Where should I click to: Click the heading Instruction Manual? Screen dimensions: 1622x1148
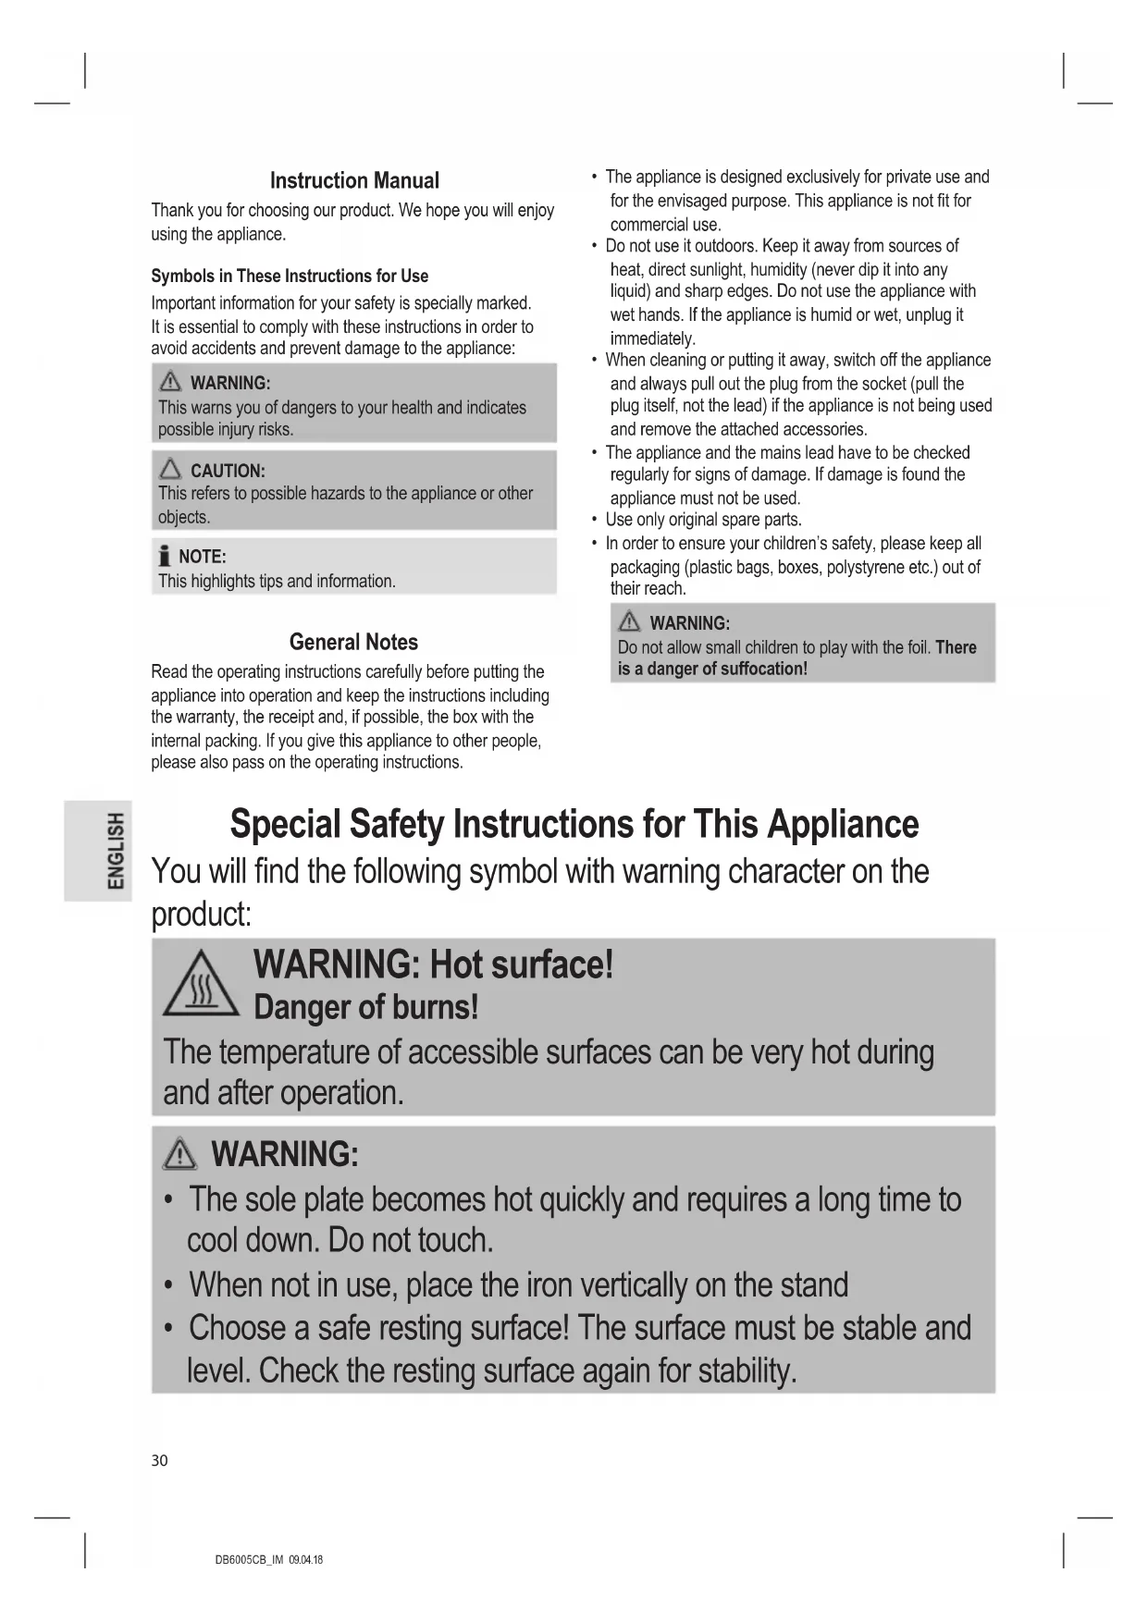click(354, 181)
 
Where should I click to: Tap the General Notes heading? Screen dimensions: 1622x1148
click(353, 643)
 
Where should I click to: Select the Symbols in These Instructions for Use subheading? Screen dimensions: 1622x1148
click(290, 276)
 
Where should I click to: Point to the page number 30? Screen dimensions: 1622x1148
click(160, 1461)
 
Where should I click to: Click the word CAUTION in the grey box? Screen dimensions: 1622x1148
click(227, 471)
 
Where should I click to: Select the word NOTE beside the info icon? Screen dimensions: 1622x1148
click(202, 557)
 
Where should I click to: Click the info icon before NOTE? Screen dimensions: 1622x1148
click(165, 557)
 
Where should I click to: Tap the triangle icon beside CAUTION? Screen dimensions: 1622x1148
click(171, 470)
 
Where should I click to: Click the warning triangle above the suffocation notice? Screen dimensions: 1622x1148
click(630, 622)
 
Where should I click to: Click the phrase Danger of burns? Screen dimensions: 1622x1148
click(365, 1007)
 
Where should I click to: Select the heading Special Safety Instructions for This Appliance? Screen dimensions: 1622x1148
click(574, 824)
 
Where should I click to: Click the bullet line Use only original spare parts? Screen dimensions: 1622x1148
click(703, 520)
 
